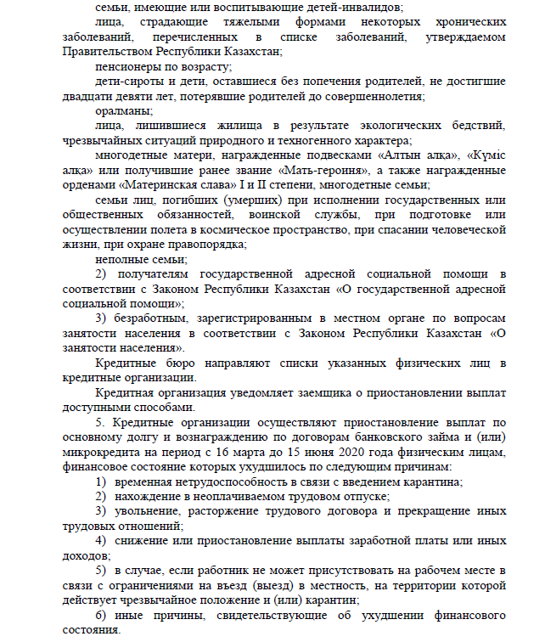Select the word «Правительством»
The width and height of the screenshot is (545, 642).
pos(104,51)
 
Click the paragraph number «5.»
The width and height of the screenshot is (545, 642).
pos(100,422)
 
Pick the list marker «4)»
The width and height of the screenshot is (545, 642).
pos(100,541)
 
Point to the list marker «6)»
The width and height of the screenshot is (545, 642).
pos(100,615)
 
